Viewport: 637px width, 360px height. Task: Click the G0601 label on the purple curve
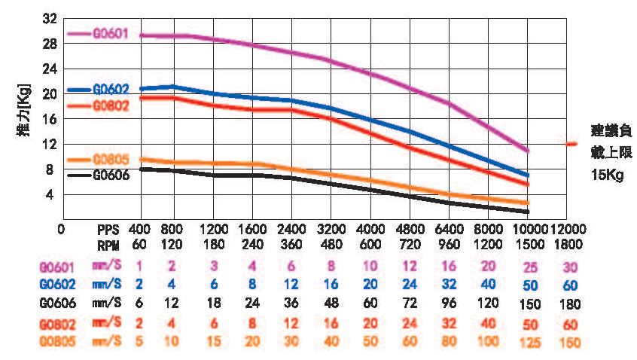(111, 34)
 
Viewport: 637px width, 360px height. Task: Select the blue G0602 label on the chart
(111, 89)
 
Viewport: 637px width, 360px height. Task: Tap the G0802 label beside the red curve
(111, 105)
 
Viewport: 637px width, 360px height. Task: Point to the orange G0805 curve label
(111, 160)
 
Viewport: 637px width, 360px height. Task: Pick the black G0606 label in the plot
(111, 175)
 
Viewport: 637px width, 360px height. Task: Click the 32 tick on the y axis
(50, 19)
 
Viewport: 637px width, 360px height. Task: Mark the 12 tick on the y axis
(50, 144)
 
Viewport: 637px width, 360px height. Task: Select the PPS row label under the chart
(108, 227)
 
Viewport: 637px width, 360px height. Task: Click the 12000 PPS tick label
(569, 227)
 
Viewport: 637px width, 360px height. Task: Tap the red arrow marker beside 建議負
(571, 143)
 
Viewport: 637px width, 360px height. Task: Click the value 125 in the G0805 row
(529, 343)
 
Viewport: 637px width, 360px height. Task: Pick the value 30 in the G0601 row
(569, 266)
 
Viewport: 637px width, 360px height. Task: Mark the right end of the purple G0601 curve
(528, 151)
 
